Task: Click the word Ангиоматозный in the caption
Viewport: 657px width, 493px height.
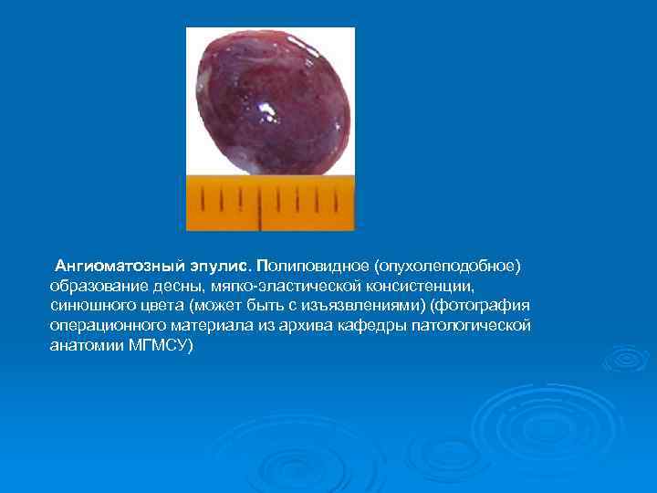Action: pos(110,266)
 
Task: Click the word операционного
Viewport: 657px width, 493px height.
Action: pos(105,326)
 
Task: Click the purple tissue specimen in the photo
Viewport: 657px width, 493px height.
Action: pos(268,100)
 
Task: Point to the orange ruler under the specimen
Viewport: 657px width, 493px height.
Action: pos(270,203)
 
